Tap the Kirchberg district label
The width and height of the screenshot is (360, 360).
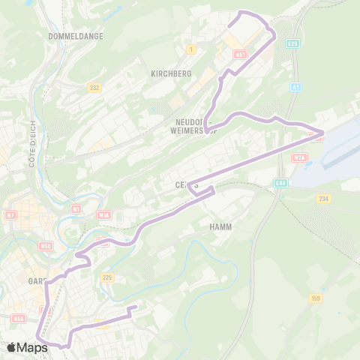click(x=171, y=73)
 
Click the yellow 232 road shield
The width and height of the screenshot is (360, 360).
click(x=94, y=88)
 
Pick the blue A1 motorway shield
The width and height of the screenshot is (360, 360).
click(x=296, y=88)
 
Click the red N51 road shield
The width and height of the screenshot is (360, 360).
click(x=240, y=55)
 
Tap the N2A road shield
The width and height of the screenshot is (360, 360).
click(x=300, y=157)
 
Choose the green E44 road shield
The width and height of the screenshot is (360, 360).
click(x=280, y=182)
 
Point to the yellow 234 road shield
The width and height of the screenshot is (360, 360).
click(x=323, y=198)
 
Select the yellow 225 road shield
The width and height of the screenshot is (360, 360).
click(x=106, y=278)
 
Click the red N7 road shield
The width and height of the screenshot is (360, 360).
click(x=10, y=216)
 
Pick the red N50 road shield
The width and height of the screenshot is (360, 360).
click(x=46, y=246)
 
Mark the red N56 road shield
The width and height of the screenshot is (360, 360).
click(x=19, y=318)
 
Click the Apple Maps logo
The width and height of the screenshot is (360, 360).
click(x=27, y=347)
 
